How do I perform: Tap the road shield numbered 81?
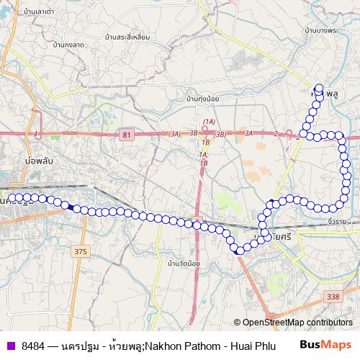(x=127, y=135)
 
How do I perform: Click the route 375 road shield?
(x=81, y=251)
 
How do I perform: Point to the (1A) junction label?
(x=209, y=121)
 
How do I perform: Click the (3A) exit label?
(x=174, y=134)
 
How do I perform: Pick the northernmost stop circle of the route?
(x=319, y=89)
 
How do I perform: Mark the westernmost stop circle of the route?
(x=11, y=197)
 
